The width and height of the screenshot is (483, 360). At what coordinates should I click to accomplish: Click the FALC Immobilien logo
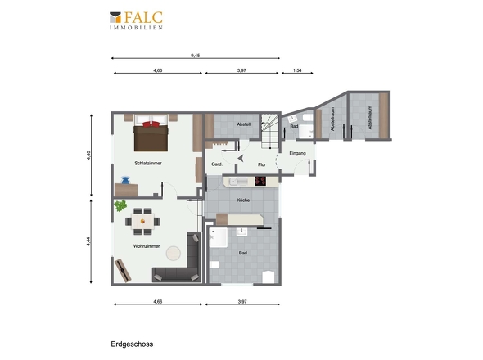[136, 20]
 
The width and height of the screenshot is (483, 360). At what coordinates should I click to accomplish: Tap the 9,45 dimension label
[196, 56]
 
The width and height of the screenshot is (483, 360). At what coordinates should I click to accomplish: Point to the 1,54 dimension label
[297, 70]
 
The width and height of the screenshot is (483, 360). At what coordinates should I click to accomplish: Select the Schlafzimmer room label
[148, 163]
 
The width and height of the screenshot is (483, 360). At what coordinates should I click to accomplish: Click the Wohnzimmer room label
[147, 246]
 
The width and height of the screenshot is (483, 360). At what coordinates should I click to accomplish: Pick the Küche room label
[243, 200]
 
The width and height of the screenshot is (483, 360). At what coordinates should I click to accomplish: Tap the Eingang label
[297, 153]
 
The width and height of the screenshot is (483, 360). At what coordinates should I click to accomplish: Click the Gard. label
[217, 164]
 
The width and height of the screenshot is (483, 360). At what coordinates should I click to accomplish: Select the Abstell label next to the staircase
[244, 124]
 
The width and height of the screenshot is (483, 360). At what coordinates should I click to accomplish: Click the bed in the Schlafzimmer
[151, 133]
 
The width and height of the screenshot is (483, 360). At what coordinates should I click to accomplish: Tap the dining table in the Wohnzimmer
[142, 222]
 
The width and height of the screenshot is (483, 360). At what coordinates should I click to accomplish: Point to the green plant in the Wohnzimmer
[120, 205]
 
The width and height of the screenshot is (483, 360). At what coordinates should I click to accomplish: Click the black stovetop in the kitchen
[260, 181]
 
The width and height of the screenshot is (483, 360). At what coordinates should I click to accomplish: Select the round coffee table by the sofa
[174, 253]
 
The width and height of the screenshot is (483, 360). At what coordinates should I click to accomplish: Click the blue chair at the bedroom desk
[125, 180]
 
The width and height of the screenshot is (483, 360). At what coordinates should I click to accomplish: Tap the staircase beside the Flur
[270, 131]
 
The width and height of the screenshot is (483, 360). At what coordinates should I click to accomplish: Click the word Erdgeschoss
[132, 344]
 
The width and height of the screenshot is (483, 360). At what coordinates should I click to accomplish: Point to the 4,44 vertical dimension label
[88, 241]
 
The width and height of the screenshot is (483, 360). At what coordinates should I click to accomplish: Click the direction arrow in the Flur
[241, 158]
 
